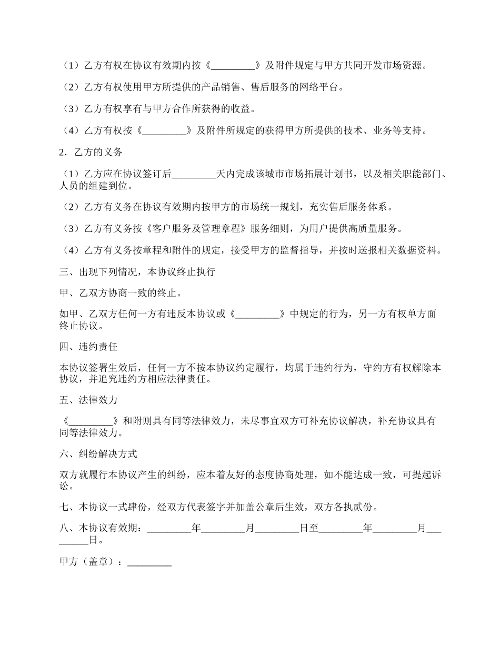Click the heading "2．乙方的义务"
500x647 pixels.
point(91,153)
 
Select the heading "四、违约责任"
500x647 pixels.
point(88,347)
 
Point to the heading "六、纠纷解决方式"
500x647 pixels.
point(98,454)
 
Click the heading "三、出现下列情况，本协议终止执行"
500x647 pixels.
point(137,272)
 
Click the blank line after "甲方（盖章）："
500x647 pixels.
point(149,562)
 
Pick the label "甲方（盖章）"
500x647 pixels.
point(88,562)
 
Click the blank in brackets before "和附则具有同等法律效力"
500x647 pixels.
point(91,421)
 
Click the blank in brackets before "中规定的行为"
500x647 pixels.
point(257,315)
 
